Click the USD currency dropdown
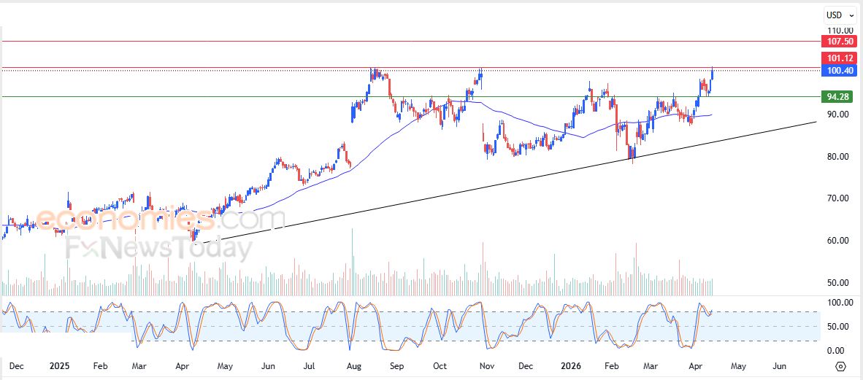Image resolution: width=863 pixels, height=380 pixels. tap(840, 15)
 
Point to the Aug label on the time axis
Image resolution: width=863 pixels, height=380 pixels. tap(354, 365)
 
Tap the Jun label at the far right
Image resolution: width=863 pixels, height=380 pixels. tap(779, 365)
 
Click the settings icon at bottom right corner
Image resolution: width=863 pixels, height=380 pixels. tap(840, 366)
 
